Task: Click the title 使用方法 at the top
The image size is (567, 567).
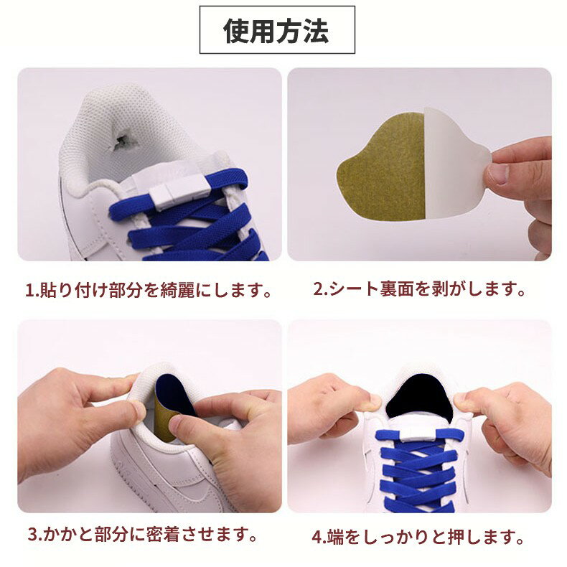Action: (276, 31)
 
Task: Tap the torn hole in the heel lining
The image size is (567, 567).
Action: (119, 141)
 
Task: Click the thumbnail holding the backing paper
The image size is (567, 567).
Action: (499, 174)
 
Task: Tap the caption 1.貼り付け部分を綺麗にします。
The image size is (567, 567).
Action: (149, 290)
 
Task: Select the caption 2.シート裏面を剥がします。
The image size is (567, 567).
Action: (419, 289)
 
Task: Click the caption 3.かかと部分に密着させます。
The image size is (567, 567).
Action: (143, 535)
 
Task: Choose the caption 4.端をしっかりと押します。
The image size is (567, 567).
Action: (418, 537)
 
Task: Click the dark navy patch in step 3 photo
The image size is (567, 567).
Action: (172, 394)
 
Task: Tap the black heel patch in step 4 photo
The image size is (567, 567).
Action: (419, 398)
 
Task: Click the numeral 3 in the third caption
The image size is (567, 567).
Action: (32, 535)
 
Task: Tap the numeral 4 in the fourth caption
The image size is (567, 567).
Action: (317, 537)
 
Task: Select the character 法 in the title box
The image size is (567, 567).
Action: (317, 31)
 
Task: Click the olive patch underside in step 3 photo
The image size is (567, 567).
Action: (164, 419)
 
